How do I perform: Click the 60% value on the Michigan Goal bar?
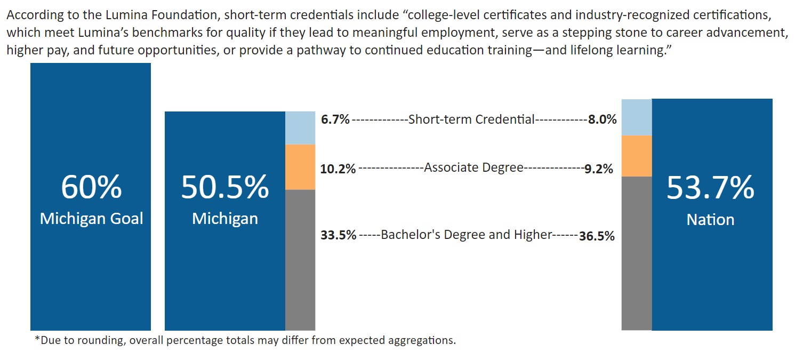tap(91, 187)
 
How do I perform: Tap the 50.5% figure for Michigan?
tap(224, 187)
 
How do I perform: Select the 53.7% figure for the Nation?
tap(710, 188)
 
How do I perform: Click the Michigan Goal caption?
tap(91, 219)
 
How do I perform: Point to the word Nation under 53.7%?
tap(710, 220)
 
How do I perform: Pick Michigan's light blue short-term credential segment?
tap(300, 128)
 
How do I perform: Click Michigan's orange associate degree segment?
tap(300, 167)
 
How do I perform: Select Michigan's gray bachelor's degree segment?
tap(300, 259)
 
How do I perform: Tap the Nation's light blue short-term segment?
tap(637, 117)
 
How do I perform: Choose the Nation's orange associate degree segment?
tap(637, 156)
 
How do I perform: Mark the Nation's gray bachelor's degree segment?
tap(637, 253)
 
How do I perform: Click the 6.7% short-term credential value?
tap(335, 119)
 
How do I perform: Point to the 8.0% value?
tap(602, 120)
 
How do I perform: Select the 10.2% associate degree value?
tap(338, 169)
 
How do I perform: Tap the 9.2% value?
tap(598, 169)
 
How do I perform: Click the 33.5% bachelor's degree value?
tap(338, 235)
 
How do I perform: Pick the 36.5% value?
tap(597, 236)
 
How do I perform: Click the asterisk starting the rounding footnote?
tap(37, 340)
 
